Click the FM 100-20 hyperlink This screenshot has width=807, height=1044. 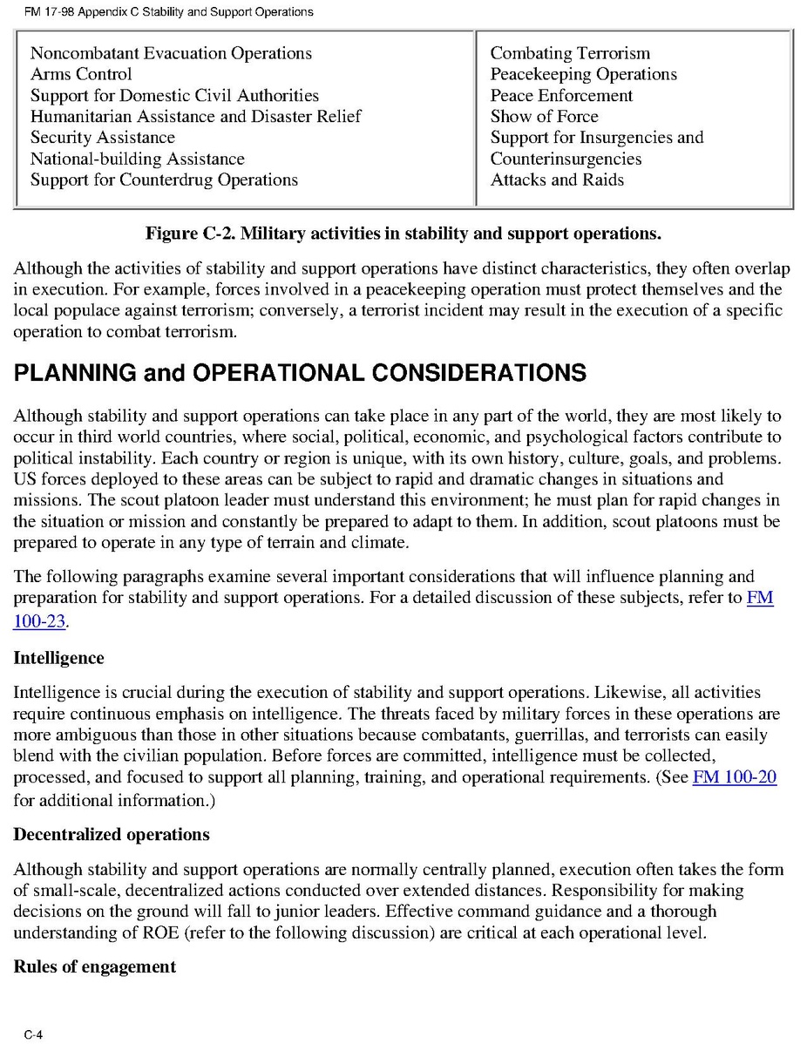tap(734, 777)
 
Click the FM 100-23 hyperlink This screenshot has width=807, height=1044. tap(40, 620)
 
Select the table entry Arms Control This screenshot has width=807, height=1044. tap(81, 74)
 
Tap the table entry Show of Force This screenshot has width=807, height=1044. tap(544, 116)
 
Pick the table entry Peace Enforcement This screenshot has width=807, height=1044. tap(561, 95)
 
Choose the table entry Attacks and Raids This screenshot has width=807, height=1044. tap(557, 180)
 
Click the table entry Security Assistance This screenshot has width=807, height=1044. tap(102, 138)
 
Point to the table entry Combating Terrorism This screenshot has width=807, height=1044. tap(570, 53)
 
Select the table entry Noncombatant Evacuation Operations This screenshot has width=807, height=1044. tap(171, 53)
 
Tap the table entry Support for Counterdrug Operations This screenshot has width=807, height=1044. tap(164, 180)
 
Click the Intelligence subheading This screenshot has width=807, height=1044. tap(58, 658)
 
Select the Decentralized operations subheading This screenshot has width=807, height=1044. tap(111, 834)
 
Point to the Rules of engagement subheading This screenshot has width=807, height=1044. tap(94, 966)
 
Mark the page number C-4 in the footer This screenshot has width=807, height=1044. tap(34, 1034)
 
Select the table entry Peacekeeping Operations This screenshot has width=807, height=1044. tap(583, 74)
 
